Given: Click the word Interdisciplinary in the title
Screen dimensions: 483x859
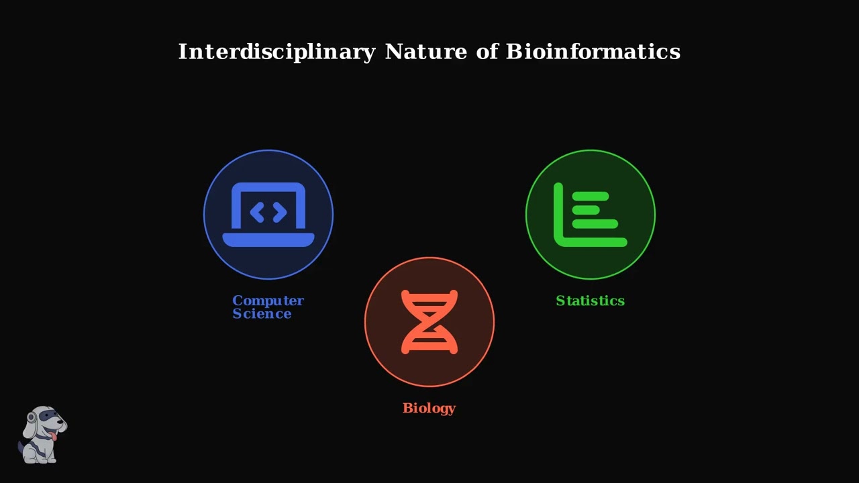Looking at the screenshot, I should coord(276,52).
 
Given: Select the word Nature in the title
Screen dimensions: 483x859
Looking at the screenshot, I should coord(425,52).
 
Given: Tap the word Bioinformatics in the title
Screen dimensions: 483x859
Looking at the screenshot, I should coord(593,52).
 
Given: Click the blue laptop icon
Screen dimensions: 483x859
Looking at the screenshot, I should coord(268,215).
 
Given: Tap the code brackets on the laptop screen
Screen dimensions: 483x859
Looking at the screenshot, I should coord(268,213).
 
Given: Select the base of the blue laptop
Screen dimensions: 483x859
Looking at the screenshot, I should coord(268,240).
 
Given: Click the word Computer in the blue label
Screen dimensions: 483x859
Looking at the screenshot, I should coord(268,301).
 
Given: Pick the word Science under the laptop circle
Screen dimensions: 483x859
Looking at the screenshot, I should coord(262,314).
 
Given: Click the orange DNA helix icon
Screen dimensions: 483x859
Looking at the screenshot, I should coord(429,322).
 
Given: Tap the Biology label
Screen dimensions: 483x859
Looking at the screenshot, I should coord(429,408).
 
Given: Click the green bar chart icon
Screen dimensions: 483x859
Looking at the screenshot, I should coord(591,215).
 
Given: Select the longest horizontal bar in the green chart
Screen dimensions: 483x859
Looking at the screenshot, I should coord(595,224).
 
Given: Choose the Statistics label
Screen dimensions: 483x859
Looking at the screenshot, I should coord(590,301).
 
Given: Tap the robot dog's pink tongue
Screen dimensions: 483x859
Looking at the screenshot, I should coord(54,437).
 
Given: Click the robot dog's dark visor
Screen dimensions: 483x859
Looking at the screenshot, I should coord(48,417).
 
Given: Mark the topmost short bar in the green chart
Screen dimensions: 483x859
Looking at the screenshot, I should coord(591,197).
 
